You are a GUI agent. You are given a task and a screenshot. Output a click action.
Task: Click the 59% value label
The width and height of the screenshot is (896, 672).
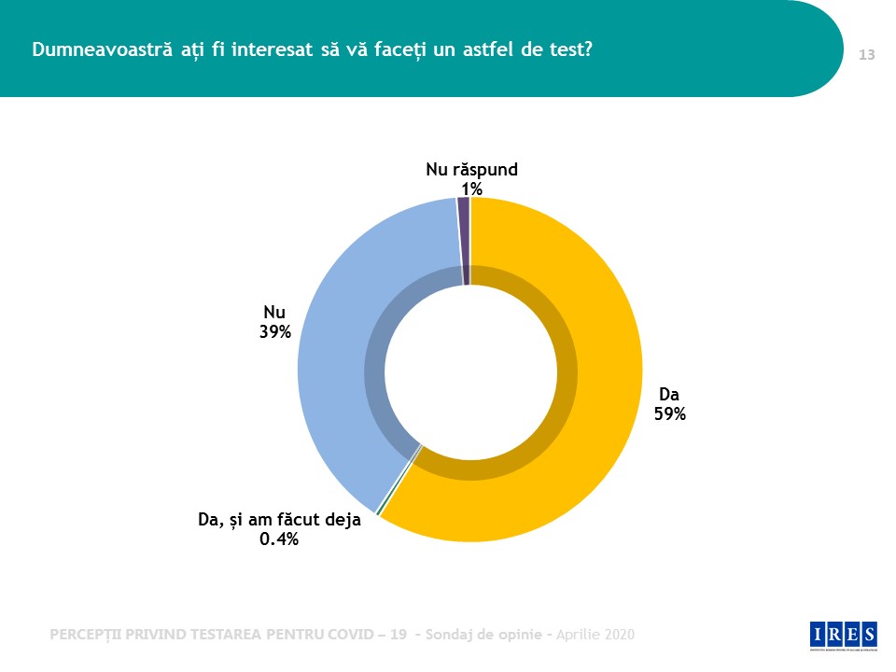(x=670, y=414)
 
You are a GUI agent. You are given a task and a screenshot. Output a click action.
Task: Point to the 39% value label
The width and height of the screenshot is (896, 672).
(x=275, y=331)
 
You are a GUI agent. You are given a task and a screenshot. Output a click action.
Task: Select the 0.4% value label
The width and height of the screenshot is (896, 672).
(x=279, y=539)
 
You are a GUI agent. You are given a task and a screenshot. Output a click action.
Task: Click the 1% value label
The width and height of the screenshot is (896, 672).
(x=471, y=189)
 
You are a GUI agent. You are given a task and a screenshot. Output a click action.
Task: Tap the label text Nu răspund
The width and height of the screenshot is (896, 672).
(x=471, y=170)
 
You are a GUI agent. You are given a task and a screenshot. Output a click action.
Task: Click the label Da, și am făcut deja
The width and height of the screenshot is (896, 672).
(x=279, y=520)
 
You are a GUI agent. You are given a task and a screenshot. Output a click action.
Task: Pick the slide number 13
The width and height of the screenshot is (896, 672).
(x=866, y=55)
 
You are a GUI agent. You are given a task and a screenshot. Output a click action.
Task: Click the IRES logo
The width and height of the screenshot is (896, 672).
(x=844, y=634)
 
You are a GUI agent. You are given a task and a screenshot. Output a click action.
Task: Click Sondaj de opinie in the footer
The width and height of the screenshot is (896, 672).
(x=484, y=635)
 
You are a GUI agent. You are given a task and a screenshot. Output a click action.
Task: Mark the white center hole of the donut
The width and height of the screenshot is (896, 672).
(x=470, y=370)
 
